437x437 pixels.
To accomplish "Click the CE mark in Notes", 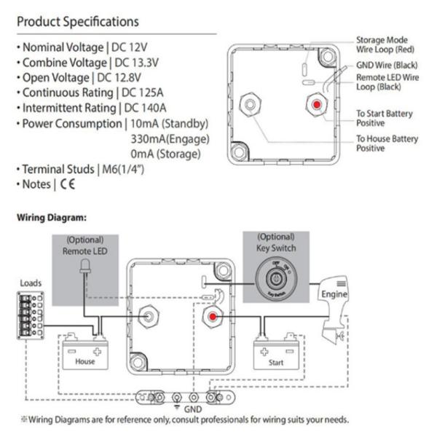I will pos(68,184).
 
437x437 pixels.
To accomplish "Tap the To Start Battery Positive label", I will pos(384,118).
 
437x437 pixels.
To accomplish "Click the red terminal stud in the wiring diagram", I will pos(212,318).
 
